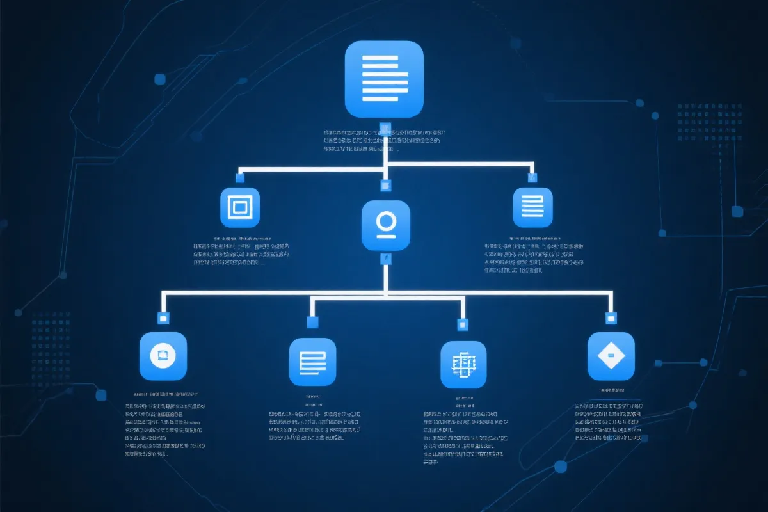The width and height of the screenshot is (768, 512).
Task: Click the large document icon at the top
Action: click(x=384, y=79)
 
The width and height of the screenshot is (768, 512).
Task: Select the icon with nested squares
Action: click(x=240, y=207)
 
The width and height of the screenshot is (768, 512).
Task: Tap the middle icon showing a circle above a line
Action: click(x=385, y=225)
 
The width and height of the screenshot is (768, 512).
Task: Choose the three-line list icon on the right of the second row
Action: click(x=532, y=207)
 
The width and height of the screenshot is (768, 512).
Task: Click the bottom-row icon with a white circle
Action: click(x=163, y=356)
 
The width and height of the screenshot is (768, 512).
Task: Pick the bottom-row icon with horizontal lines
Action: click(x=312, y=362)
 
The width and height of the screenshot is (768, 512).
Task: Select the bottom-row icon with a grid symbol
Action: click(x=463, y=364)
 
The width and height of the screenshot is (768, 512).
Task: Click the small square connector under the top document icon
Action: click(x=385, y=127)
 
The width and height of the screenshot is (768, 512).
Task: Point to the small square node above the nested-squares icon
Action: click(x=241, y=177)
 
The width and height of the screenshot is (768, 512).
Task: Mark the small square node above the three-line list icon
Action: click(x=531, y=177)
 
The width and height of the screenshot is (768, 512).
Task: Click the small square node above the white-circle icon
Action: click(x=163, y=317)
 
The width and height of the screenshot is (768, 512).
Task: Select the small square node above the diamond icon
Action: click(x=611, y=317)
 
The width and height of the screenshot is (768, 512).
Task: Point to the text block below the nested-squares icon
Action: click(x=242, y=254)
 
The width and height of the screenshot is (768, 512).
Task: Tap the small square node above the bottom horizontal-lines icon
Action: click(x=312, y=322)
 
